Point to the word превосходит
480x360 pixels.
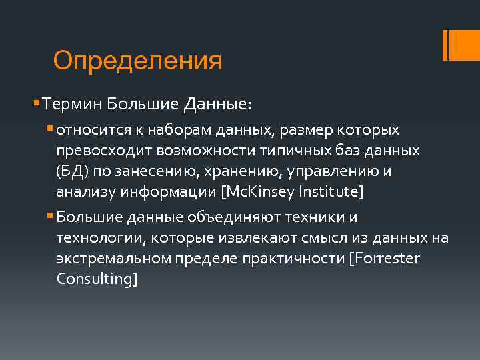[98, 150]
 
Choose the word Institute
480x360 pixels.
[328, 193]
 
